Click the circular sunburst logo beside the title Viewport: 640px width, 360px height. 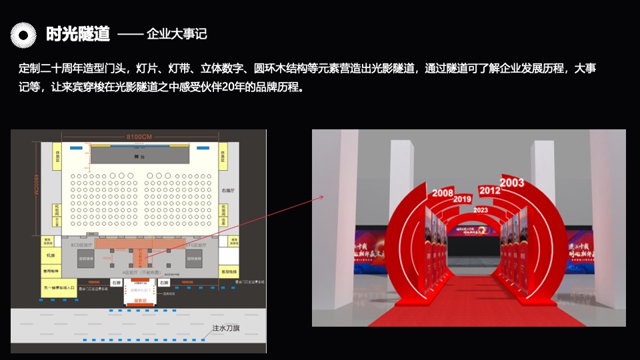[24, 35]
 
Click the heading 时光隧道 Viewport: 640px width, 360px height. [77, 34]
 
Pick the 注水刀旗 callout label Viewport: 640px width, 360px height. [229, 328]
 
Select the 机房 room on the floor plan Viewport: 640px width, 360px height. [50, 255]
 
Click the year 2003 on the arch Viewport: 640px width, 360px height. [512, 182]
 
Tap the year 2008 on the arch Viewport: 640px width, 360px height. [443, 193]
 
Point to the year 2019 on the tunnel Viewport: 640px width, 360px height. [462, 199]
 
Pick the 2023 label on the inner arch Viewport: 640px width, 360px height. [480, 210]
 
